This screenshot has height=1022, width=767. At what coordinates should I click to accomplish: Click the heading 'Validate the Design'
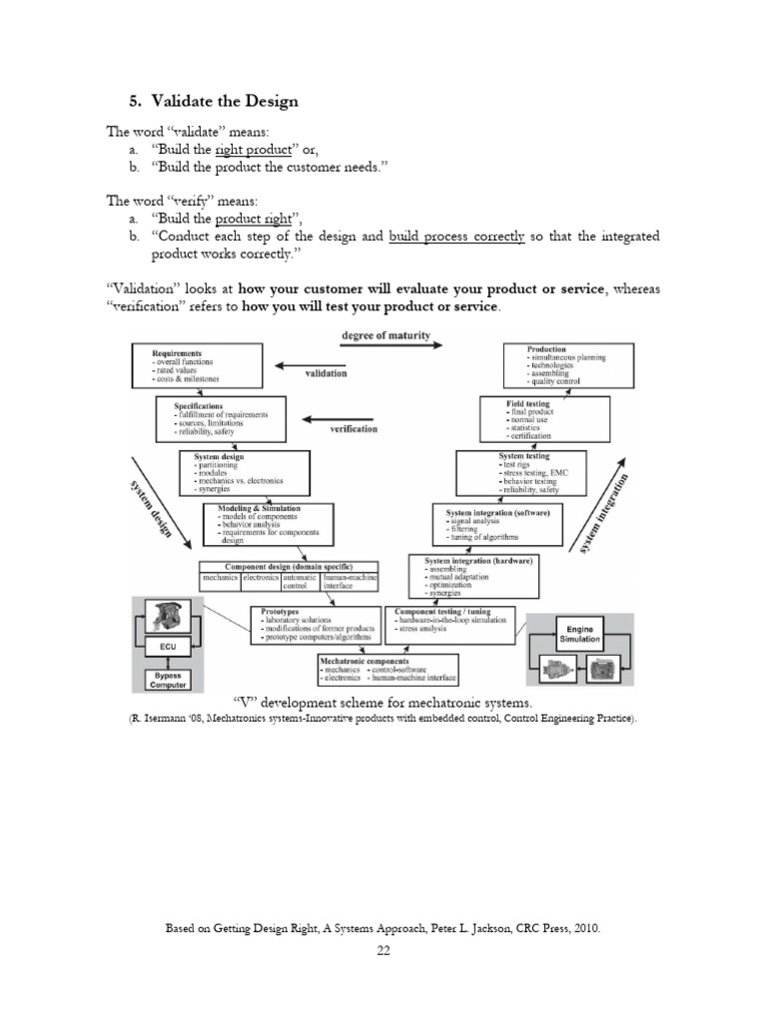[214, 101]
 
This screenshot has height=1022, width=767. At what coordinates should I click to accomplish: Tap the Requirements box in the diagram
[197, 365]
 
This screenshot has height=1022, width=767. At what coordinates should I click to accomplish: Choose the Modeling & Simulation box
[268, 524]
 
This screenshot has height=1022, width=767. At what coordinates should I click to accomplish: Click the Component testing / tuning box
[454, 623]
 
